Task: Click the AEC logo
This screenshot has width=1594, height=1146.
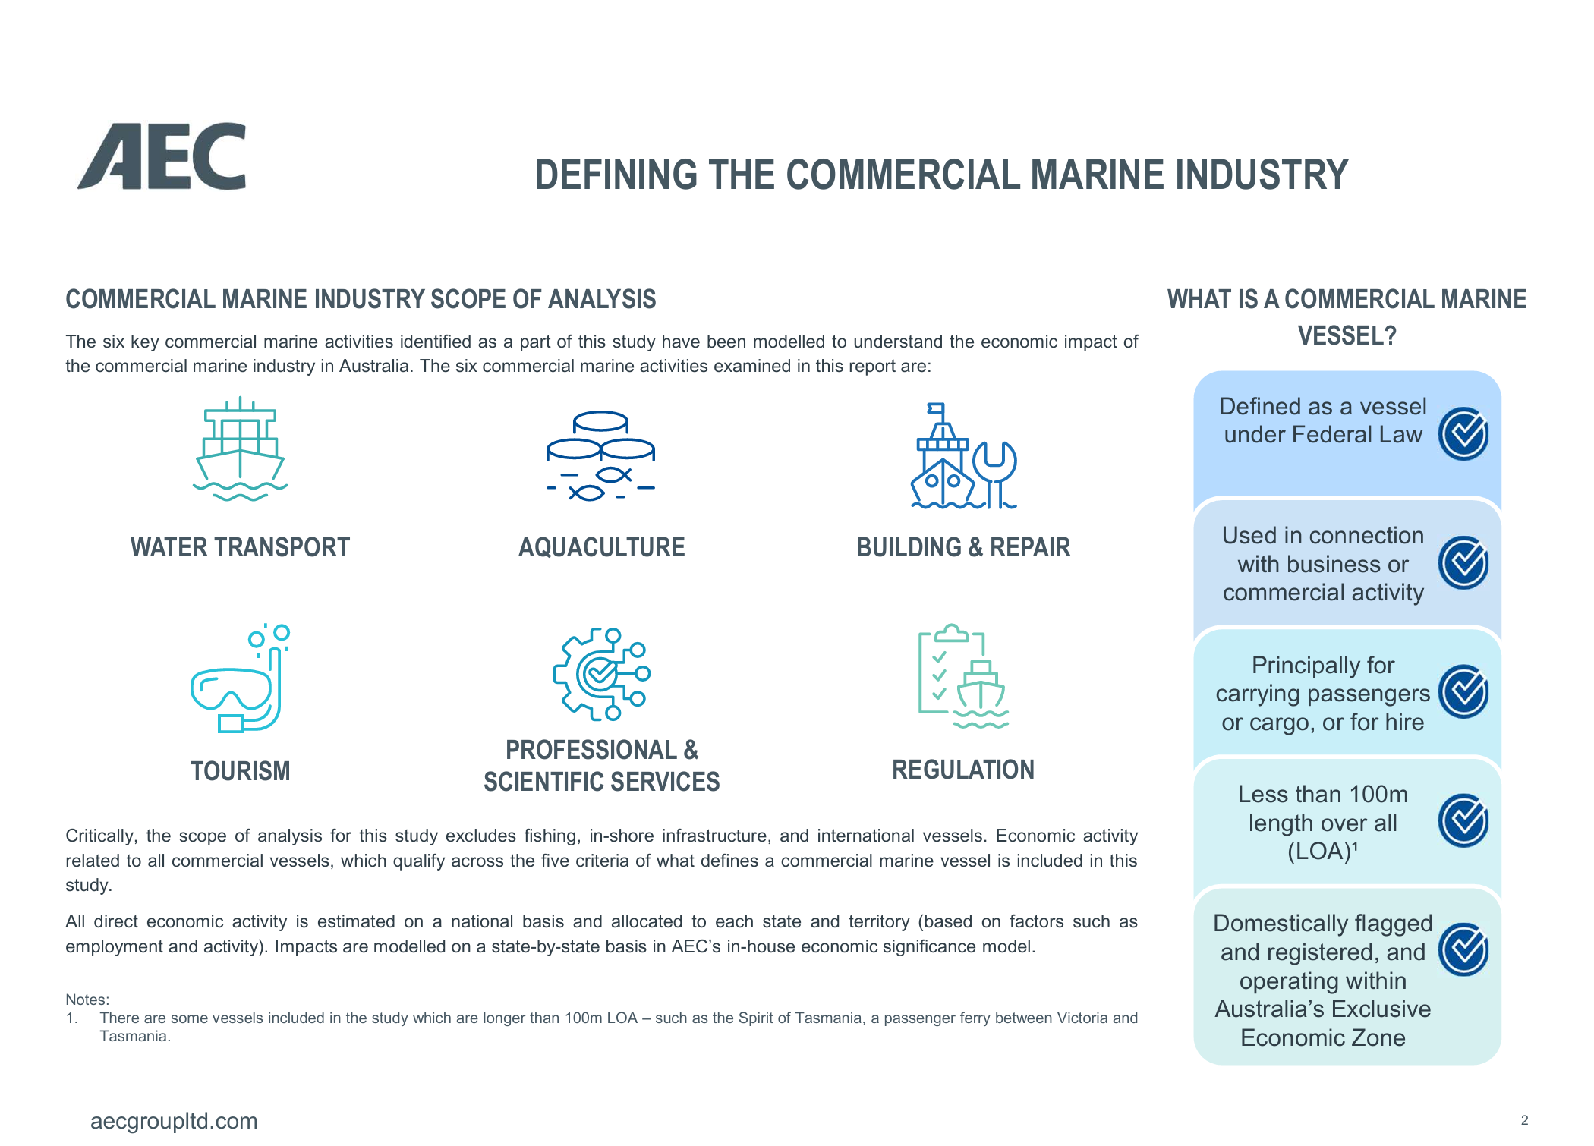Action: pos(162,156)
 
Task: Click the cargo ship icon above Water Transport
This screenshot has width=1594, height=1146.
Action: pos(240,449)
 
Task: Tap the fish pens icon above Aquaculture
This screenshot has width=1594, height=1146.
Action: pos(600,455)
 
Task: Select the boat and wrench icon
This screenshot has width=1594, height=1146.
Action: pos(963,455)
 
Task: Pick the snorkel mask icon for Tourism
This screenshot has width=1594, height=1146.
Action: pos(240,678)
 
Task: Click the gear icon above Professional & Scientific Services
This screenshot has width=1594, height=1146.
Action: pos(601,674)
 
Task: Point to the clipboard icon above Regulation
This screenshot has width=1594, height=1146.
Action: pos(963,676)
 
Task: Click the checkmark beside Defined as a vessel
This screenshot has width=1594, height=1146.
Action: pos(1463,434)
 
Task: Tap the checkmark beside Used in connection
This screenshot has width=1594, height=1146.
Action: pos(1463,563)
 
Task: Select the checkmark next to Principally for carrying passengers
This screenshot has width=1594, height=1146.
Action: pos(1463,692)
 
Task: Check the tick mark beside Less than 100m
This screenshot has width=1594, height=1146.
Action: pos(1463,821)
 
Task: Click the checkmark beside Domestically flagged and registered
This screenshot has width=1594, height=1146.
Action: pos(1463,950)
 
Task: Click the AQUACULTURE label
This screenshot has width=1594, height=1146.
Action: pos(601,547)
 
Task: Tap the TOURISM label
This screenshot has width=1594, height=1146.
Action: pos(240,771)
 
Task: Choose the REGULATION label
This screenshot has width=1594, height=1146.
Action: pos(963,770)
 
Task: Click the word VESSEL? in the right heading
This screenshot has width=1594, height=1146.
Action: pos(1347,335)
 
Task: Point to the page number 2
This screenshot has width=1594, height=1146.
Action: pos(1524,1120)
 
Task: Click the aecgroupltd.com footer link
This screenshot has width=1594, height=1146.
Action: pos(174,1121)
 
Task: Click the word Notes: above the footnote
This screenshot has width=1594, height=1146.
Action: pos(87,1000)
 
